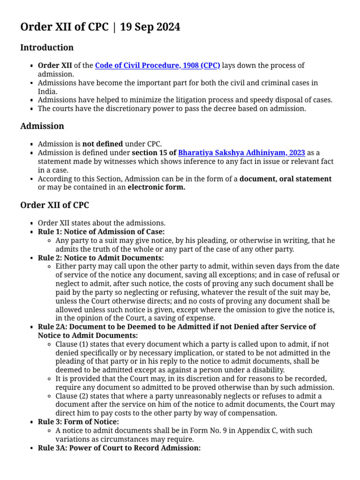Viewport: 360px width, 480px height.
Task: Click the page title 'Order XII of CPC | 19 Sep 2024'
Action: pyautogui.click(x=100, y=27)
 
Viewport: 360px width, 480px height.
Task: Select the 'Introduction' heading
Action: pyautogui.click(x=47, y=47)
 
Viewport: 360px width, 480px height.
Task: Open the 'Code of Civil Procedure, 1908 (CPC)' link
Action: pyautogui.click(x=157, y=66)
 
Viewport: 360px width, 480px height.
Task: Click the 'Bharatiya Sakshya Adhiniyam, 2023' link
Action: pyautogui.click(x=241, y=153)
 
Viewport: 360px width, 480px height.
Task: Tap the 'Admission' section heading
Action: pyautogui.click(x=42, y=126)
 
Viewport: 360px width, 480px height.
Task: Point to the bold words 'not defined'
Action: pyautogui.click(x=103, y=144)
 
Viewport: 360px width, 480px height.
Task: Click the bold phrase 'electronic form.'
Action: pyautogui.click(x=157, y=187)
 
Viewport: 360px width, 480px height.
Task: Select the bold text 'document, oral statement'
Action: pyautogui.click(x=285, y=179)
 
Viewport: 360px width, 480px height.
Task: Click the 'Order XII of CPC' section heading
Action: pyautogui.click(x=55, y=205)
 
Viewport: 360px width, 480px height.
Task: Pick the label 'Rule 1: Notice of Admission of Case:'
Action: pyautogui.click(x=101, y=232)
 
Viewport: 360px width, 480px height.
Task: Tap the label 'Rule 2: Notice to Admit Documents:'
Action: pyautogui.click(x=101, y=258)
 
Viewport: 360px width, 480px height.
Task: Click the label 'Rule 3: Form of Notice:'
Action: pyautogui.click(x=78, y=422)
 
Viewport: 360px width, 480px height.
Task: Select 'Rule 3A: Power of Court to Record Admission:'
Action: pyautogui.click(x=119, y=448)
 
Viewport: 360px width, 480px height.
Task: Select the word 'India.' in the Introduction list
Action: pyautogui.click(x=47, y=91)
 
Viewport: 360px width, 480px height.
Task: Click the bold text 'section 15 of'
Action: pyautogui.click(x=154, y=153)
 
